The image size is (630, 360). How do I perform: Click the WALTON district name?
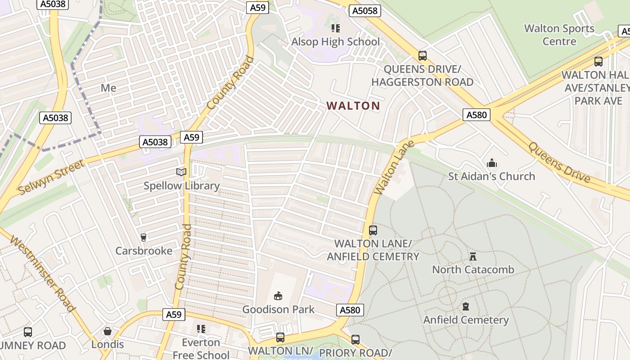click(x=353, y=106)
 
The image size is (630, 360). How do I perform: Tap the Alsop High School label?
click(x=336, y=42)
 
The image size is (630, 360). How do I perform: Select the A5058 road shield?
click(x=365, y=11)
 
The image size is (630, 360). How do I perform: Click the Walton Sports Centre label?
click(x=559, y=35)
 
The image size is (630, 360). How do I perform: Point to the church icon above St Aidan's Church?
click(x=492, y=163)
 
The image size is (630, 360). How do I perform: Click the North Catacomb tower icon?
click(x=473, y=256)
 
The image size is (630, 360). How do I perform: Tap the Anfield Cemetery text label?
click(x=466, y=320)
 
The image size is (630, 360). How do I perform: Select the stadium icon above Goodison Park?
click(x=279, y=296)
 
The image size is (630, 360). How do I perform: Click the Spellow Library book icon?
click(x=181, y=172)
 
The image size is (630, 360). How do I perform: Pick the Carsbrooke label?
click(x=144, y=251)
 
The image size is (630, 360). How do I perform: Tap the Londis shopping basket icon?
click(x=108, y=332)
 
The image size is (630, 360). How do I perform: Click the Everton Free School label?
click(x=201, y=348)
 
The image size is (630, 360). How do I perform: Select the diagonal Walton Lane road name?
click(x=388, y=168)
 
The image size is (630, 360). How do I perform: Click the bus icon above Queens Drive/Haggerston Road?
click(x=422, y=56)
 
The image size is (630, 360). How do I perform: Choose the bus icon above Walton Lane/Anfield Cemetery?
click(x=373, y=230)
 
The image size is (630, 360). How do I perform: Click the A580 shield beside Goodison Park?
click(x=350, y=310)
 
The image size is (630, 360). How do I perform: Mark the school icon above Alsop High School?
click(x=336, y=28)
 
